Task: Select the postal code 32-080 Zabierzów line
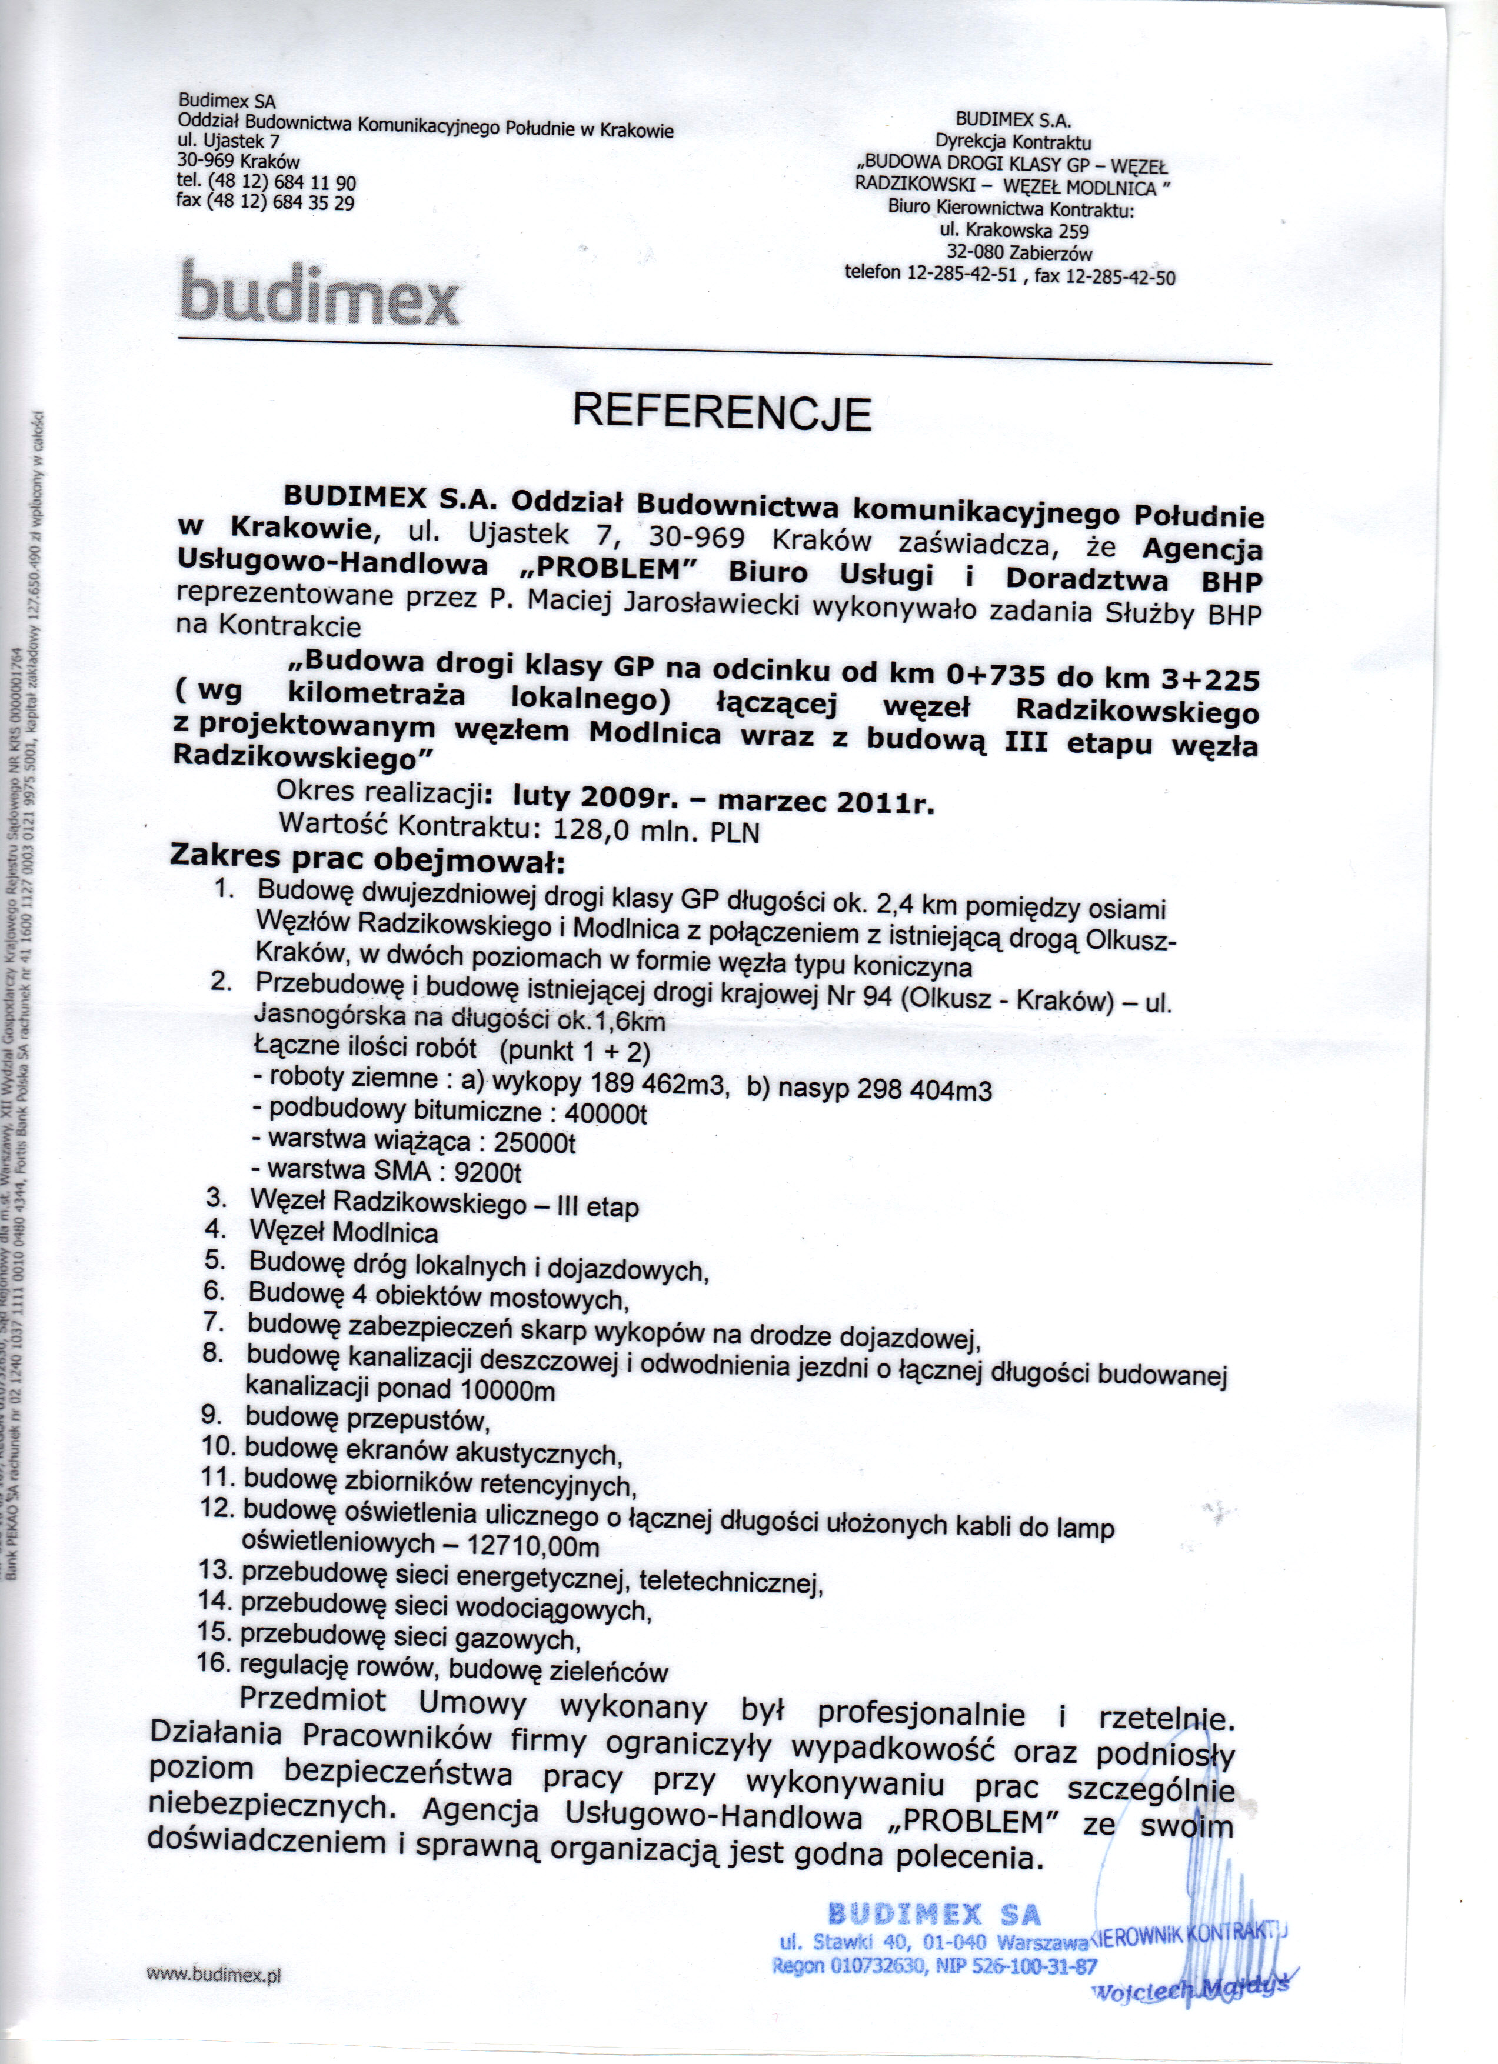1019,253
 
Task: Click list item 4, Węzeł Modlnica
343,1233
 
